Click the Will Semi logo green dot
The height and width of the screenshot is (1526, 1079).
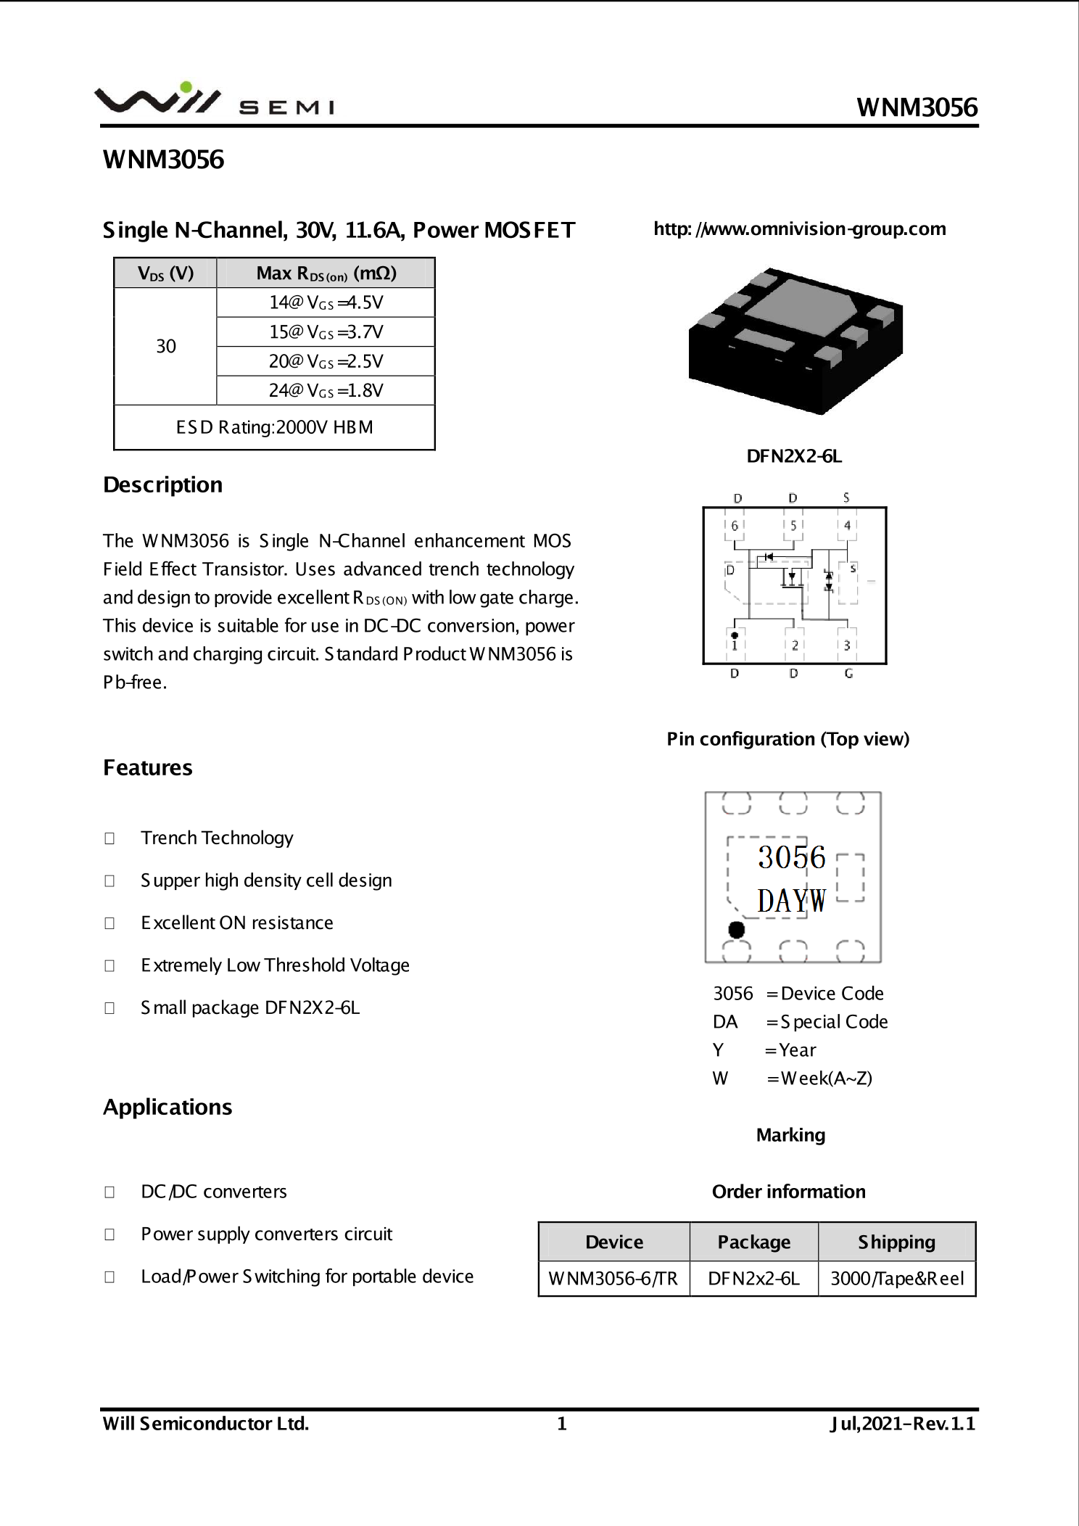186,87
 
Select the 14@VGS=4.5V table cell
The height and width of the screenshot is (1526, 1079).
326,302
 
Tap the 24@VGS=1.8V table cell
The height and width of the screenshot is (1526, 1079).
326,390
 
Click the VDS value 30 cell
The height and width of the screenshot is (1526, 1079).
166,346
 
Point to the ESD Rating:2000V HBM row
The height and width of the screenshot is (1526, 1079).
274,427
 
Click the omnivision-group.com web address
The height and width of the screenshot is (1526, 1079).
799,229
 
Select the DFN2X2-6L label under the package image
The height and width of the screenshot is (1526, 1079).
794,456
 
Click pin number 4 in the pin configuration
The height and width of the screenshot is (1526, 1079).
847,525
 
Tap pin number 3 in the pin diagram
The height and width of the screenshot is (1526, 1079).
847,645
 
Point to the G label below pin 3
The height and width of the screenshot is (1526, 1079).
848,674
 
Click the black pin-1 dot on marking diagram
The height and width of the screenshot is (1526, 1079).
736,929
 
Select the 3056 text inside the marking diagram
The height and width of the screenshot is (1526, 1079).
791,857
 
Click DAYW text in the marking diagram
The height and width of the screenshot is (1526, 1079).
791,902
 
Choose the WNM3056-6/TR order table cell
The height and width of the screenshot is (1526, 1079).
613,1278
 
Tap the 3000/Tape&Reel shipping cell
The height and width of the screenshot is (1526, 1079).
897,1278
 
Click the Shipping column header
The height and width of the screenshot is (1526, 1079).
897,1242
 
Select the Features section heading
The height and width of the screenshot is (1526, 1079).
148,767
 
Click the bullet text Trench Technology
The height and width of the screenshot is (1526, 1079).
217,838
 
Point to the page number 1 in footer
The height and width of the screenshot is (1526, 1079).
561,1424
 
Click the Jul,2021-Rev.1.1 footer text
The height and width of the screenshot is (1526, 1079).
903,1424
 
